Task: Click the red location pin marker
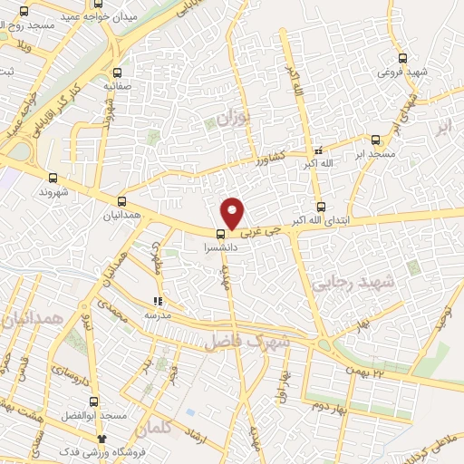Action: pyautogui.click(x=233, y=213)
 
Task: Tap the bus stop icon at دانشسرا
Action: pyautogui.click(x=209, y=231)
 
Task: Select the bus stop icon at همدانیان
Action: pyautogui.click(x=121, y=202)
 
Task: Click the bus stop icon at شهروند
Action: pyautogui.click(x=53, y=179)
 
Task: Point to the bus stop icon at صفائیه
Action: pyautogui.click(x=116, y=72)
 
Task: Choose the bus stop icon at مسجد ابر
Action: pyautogui.click(x=376, y=140)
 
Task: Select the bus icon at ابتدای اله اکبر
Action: pyautogui.click(x=320, y=206)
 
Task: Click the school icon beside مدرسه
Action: pyautogui.click(x=158, y=301)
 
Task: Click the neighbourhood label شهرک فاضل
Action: pyautogui.click(x=246, y=342)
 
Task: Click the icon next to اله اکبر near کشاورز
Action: pyautogui.click(x=317, y=150)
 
